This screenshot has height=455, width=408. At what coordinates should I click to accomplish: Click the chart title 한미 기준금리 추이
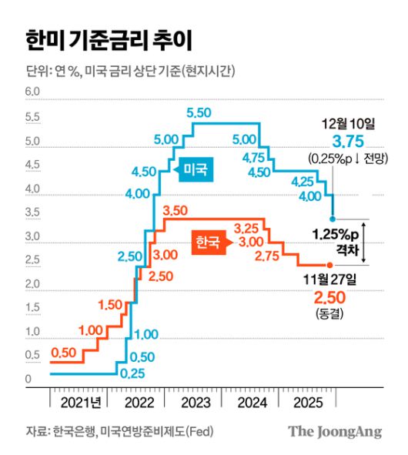(x=107, y=37)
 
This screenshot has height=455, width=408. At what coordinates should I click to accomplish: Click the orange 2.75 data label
(x=269, y=255)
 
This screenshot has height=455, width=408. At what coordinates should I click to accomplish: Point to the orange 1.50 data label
(x=111, y=305)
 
